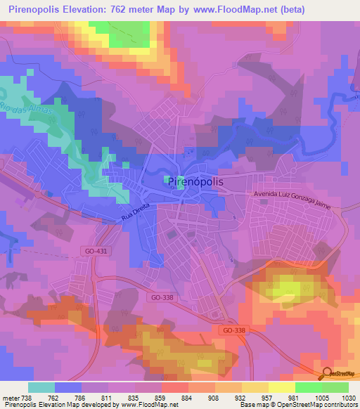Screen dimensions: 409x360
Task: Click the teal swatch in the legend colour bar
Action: (41, 387)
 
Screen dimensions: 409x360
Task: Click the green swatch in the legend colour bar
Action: (308, 387)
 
